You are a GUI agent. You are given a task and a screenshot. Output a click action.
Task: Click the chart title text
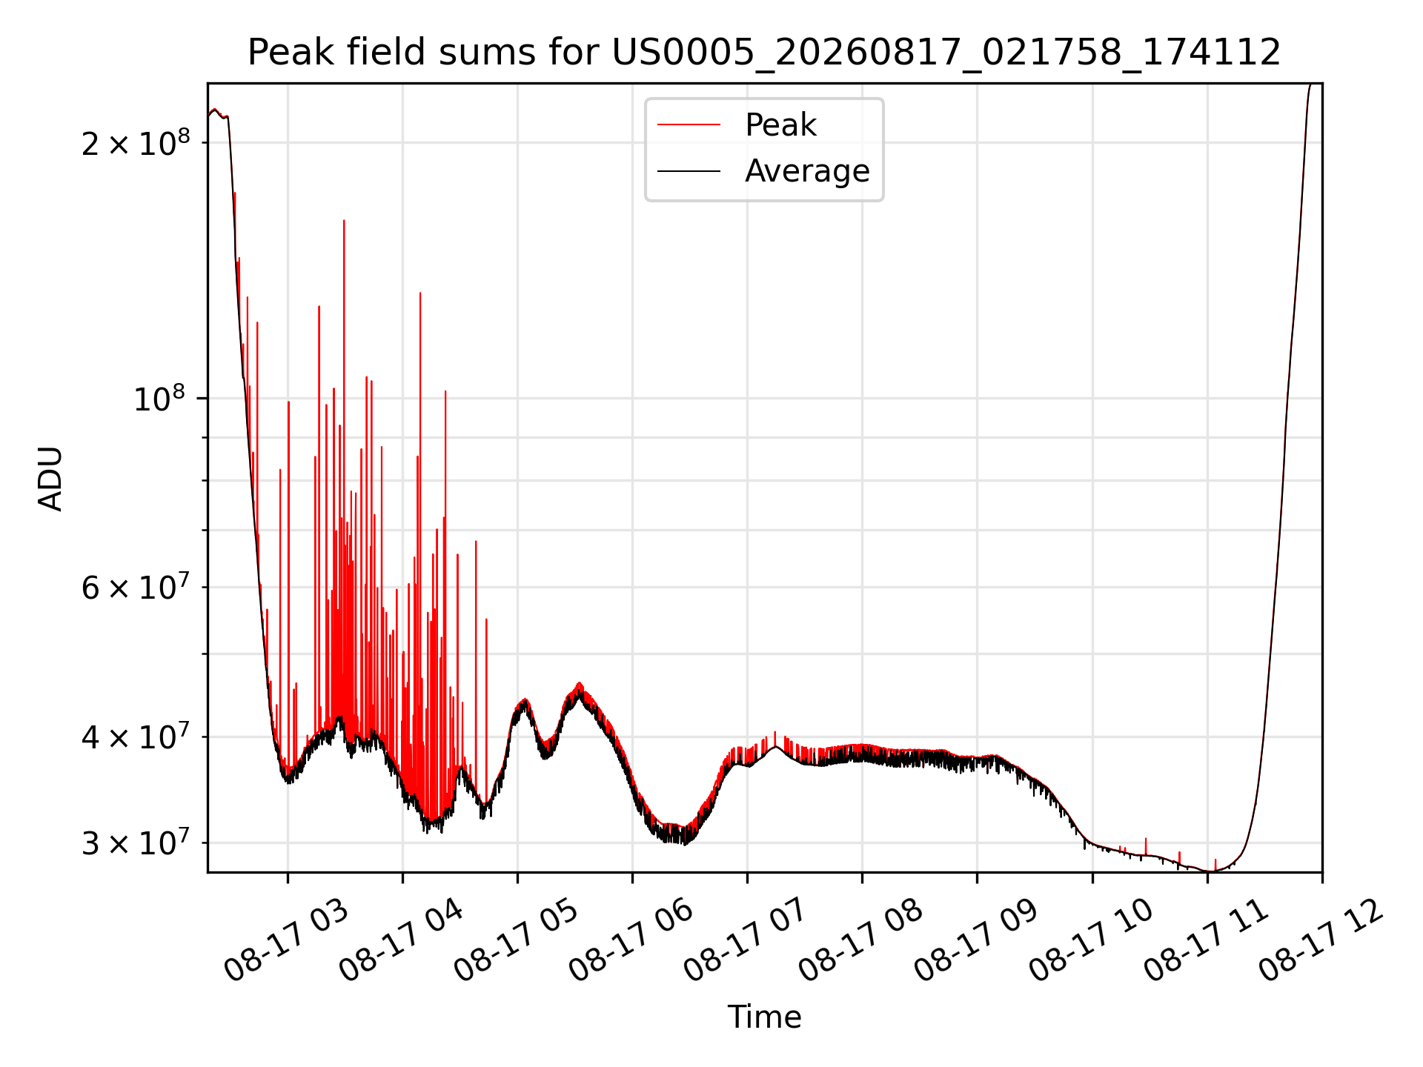point(764,53)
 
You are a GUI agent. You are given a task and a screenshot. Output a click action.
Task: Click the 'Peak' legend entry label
point(780,125)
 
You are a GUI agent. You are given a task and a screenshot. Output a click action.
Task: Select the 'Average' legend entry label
point(807,171)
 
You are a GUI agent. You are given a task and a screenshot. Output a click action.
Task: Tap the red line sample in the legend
point(689,125)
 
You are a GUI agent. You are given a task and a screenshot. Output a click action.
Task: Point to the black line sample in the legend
point(689,171)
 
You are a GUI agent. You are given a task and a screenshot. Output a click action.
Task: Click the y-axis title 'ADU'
point(50,479)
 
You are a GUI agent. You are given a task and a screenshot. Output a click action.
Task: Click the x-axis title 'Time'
point(764,1017)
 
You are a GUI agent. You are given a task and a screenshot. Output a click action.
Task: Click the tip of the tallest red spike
point(344,220)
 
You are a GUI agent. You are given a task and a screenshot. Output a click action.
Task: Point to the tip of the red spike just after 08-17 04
point(420,293)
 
